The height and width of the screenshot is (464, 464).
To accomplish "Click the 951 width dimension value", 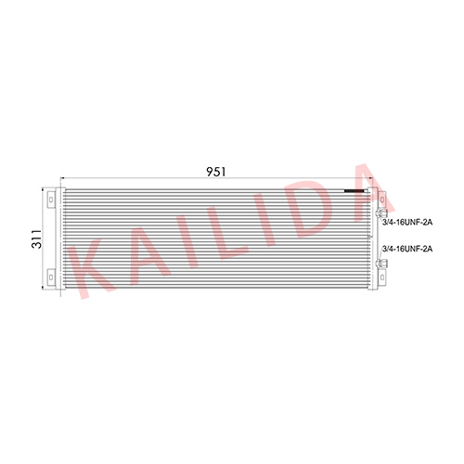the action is pos(216,172).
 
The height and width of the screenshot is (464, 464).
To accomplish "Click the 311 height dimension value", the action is pos(37,239).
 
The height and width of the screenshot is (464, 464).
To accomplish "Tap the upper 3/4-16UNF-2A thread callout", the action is pos(407,222).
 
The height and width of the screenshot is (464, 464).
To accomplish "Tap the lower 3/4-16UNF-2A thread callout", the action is pos(407,249).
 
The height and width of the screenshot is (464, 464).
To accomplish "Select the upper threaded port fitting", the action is pos(380,213).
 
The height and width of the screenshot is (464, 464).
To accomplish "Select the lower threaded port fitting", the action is pos(380,264).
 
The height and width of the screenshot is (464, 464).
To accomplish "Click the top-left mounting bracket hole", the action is pos(51,200).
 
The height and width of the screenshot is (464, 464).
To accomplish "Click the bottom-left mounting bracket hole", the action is pos(51,277).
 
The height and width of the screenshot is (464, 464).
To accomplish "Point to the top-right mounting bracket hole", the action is pos(382,200).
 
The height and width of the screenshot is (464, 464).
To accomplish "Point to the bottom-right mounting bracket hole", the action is pos(382,277).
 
